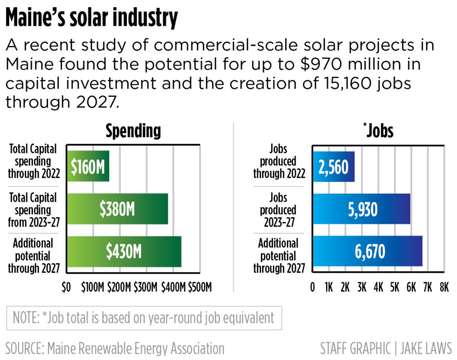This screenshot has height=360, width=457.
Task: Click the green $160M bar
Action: pyautogui.click(x=88, y=166)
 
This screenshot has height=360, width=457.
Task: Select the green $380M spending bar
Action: pyautogui.click(x=117, y=209)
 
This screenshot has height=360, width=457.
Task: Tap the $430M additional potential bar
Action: pyautogui.click(x=124, y=252)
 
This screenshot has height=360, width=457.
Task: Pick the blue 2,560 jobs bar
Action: pyautogui.click(x=333, y=166)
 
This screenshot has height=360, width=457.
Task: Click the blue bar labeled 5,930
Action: pyautogui.click(x=361, y=209)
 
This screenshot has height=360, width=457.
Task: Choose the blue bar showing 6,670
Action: pyautogui.click(x=367, y=252)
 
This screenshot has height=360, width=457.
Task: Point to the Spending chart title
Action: pyautogui.click(x=133, y=130)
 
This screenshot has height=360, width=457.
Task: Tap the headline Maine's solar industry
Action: pyautogui.click(x=92, y=18)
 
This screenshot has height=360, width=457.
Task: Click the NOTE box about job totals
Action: pyautogui.click(x=144, y=318)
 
